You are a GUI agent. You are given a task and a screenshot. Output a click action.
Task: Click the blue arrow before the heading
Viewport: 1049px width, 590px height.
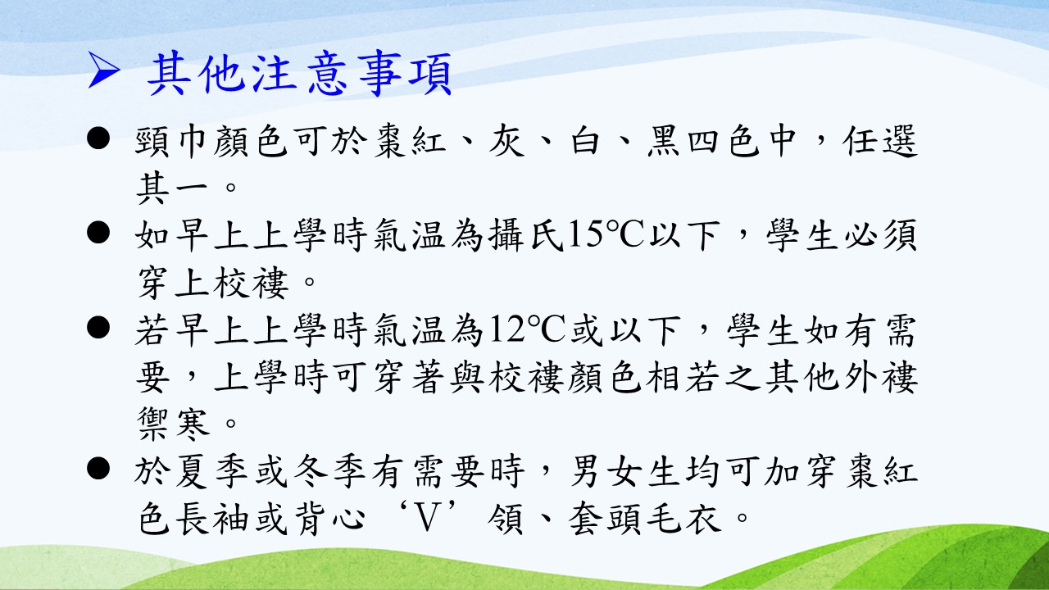(103, 70)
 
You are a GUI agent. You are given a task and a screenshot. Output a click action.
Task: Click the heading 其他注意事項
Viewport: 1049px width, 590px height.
(300, 74)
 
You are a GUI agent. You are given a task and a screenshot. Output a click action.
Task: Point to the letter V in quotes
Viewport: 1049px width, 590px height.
(426, 519)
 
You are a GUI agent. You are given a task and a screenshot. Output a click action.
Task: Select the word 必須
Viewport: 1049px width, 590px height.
(880, 235)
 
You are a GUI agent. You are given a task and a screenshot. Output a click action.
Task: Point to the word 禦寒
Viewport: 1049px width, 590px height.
(172, 424)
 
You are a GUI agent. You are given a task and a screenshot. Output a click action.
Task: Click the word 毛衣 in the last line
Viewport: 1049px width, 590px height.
(683, 519)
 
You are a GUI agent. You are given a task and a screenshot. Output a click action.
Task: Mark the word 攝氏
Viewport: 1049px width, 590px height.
(525, 235)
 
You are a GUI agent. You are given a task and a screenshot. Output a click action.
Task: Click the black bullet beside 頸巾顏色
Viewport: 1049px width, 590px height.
(98, 138)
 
